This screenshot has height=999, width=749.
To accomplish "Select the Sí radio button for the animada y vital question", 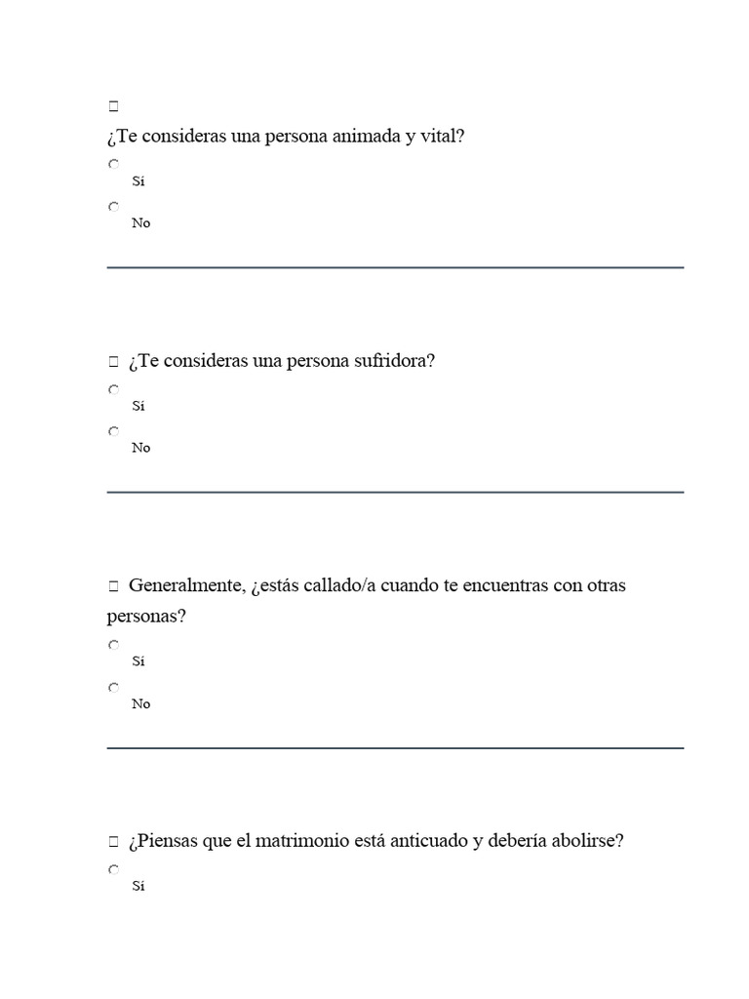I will (114, 164).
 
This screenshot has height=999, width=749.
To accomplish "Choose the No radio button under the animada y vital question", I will (114, 206).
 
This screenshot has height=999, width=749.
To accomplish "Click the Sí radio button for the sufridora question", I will (114, 389).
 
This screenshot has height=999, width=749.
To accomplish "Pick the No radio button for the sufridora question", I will (114, 430).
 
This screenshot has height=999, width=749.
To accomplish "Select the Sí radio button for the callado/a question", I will (114, 645).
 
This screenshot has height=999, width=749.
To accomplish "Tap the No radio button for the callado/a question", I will (114, 687).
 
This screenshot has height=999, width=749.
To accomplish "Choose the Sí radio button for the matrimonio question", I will (114, 869).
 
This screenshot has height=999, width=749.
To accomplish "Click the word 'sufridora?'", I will (394, 361).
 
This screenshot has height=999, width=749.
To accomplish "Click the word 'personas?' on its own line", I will (146, 618).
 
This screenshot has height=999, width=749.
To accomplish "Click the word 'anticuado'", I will (430, 841).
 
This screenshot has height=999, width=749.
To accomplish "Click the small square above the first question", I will (114, 105).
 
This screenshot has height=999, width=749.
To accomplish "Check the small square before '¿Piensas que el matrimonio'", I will (114, 841).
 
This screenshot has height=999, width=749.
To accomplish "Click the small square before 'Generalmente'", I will (114, 586).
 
